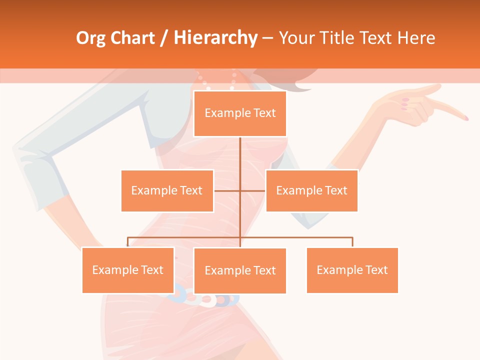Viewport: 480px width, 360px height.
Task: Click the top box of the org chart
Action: coord(240,113)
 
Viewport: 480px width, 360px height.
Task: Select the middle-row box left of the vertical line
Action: coord(167,190)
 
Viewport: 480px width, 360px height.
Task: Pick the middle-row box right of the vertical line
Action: coord(311,190)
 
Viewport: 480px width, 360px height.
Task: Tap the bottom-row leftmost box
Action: coord(128,270)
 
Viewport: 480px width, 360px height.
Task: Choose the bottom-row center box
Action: coord(240,270)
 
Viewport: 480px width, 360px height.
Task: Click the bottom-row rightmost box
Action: coord(352,270)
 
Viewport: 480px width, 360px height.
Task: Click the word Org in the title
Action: coord(90,38)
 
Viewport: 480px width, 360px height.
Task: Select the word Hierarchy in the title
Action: coord(215,38)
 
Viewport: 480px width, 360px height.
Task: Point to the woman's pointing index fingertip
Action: coord(465,118)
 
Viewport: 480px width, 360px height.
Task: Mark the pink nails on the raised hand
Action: coord(405,103)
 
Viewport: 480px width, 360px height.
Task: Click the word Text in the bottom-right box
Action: coord(376,270)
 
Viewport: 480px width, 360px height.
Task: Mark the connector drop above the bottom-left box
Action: coord(128,242)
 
